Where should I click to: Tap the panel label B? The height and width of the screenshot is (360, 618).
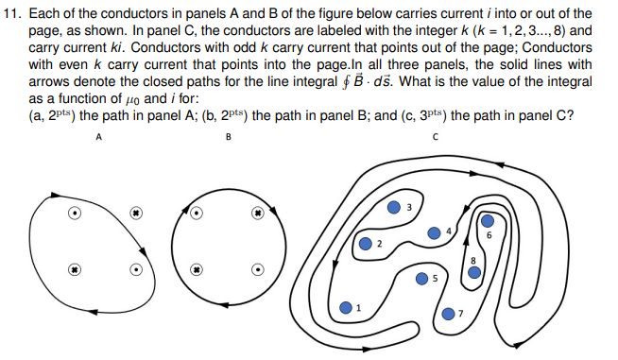228,135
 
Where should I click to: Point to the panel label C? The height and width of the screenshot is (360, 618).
436,135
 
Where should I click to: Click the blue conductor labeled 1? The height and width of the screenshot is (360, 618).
347,308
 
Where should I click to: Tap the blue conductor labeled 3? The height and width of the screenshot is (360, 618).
394,208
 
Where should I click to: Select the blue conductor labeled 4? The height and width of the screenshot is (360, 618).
434,231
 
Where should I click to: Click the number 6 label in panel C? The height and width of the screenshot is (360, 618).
489,234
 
